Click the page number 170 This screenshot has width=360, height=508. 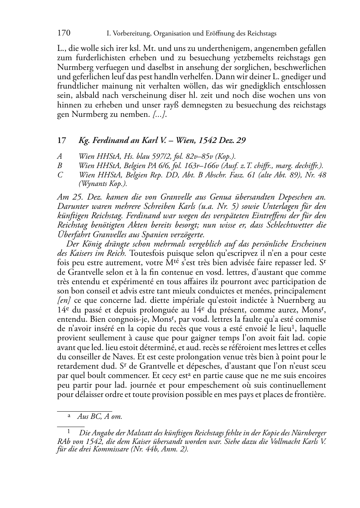pyautogui.click(x=64, y=33)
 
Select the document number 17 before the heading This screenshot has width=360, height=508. pyautogui.click(x=62, y=140)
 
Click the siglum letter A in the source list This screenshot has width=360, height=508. pyautogui.click(x=60, y=157)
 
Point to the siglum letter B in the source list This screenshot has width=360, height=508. pyautogui.click(x=60, y=166)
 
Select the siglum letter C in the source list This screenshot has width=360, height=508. pyautogui.click(x=60, y=175)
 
